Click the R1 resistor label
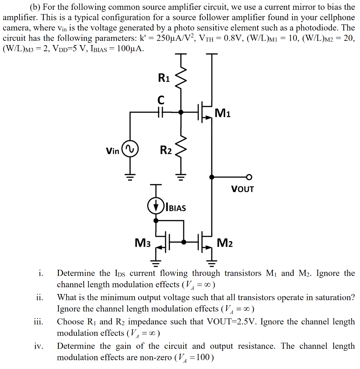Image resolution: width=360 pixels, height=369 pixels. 164,78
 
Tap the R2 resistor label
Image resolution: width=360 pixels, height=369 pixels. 166,150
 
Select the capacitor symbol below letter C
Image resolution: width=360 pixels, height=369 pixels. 161,112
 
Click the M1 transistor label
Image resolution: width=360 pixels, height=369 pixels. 223,114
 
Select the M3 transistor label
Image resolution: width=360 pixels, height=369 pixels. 143,243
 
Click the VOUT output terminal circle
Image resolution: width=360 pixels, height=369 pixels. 249,177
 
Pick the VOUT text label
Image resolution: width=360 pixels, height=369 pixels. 242,189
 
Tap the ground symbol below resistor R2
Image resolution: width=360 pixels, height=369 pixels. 181,177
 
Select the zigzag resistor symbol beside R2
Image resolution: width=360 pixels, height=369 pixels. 181,148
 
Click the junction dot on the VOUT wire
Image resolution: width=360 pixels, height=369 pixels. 212,177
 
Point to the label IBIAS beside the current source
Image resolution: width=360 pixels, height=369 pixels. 175,208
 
